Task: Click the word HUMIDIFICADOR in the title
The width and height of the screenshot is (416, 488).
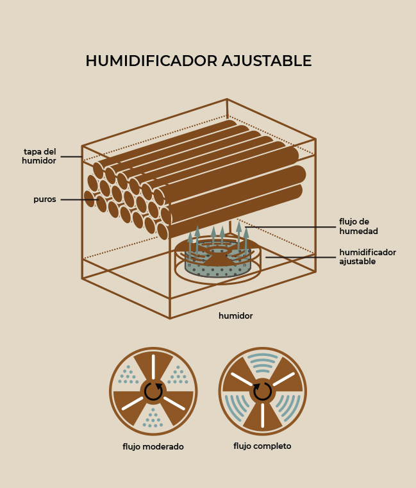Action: [x=151, y=61]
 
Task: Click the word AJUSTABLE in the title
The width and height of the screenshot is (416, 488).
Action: [x=267, y=61]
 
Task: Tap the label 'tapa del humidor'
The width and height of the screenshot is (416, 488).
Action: [x=39, y=156]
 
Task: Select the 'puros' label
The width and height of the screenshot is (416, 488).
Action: [x=45, y=199]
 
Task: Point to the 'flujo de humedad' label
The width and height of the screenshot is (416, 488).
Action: [x=358, y=226]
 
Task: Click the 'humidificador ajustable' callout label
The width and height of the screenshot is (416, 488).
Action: [x=367, y=257]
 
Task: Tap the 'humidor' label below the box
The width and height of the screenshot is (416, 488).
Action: [x=235, y=316]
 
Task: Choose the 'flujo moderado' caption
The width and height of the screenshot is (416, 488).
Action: [x=153, y=446]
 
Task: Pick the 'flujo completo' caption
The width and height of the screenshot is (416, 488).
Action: [x=262, y=446]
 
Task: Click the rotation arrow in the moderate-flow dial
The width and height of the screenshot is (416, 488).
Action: [x=153, y=392]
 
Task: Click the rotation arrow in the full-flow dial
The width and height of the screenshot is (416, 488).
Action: [x=263, y=391]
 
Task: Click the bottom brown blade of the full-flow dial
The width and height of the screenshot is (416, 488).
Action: [x=263, y=416]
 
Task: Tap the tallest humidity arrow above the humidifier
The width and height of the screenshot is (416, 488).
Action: [x=238, y=237]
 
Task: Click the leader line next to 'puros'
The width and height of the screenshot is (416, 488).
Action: [x=79, y=199]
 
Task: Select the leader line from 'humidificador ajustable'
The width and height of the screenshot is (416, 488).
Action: [x=301, y=257]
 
